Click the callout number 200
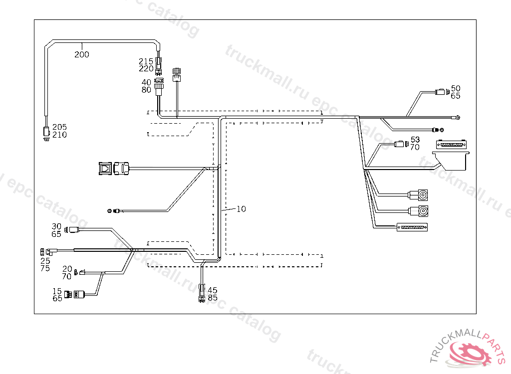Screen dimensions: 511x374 pyautogui.click(x=82, y=54)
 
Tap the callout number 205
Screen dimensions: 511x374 pyautogui.click(x=59, y=127)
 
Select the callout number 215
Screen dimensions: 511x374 pyautogui.click(x=146, y=61)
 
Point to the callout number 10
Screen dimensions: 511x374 pyautogui.click(x=241, y=209)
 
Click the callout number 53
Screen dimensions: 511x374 pyautogui.click(x=415, y=139)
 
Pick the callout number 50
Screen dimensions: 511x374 pyautogui.click(x=456, y=88)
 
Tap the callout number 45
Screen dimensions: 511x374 pyautogui.click(x=213, y=290)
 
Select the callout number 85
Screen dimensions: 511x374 pyautogui.click(x=213, y=298)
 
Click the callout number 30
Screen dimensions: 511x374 pyautogui.click(x=56, y=226)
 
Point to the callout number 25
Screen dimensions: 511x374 pyautogui.click(x=45, y=260)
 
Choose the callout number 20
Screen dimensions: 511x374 pyautogui.click(x=67, y=269)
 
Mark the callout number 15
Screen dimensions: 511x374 pyautogui.click(x=57, y=291)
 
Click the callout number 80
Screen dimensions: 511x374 pyautogui.click(x=146, y=90)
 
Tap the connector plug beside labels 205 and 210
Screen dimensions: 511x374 pyautogui.click(x=46, y=134)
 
